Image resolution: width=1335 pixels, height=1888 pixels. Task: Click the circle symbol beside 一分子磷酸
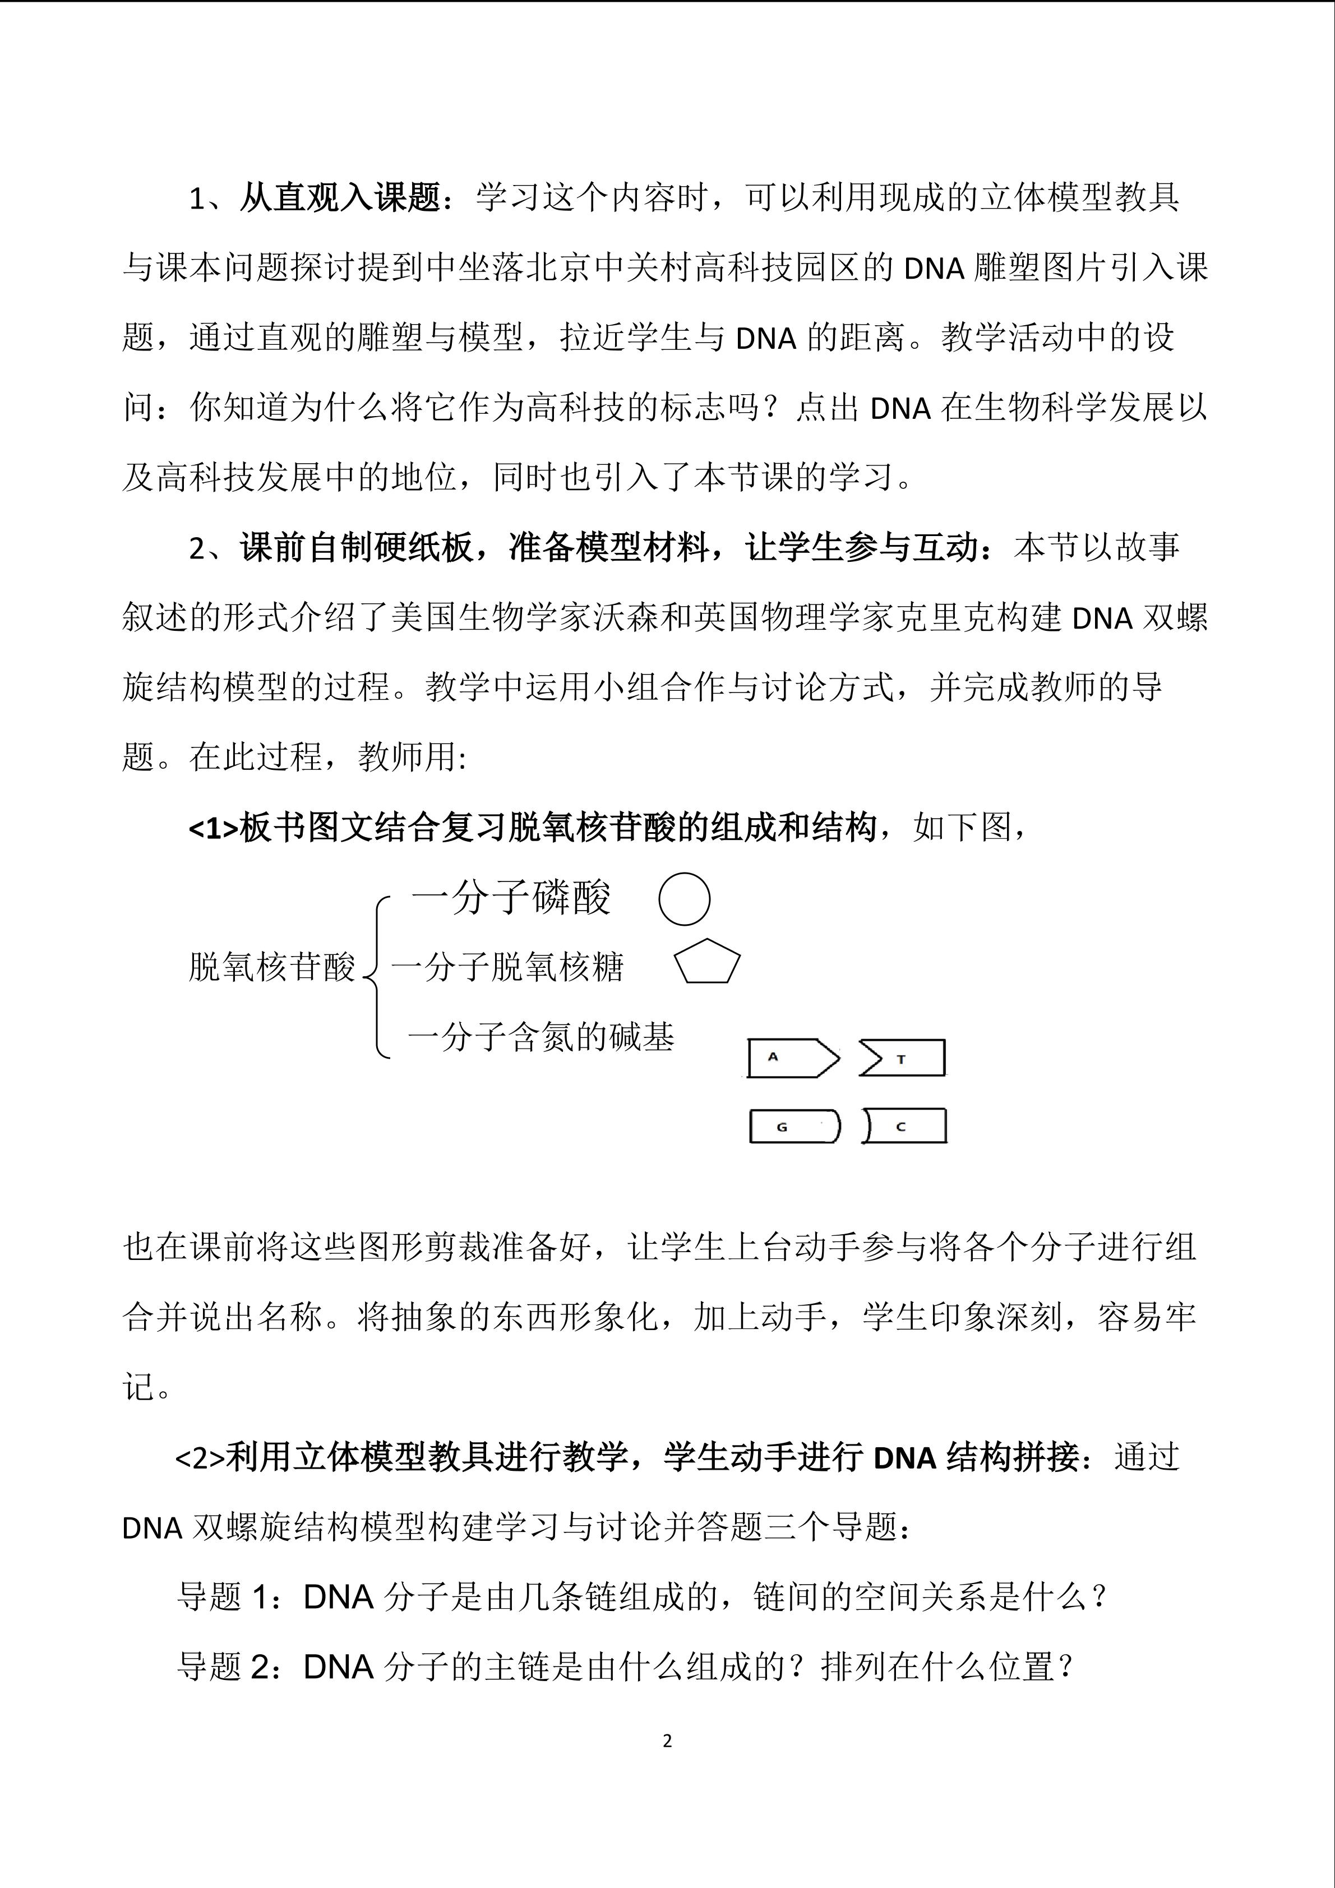684,899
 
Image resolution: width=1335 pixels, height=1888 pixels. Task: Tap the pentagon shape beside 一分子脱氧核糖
707,962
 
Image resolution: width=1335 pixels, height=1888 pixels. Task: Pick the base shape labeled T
903,1058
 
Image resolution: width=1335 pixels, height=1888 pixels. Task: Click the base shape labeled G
794,1126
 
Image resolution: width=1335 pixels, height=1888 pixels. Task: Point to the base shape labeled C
904,1126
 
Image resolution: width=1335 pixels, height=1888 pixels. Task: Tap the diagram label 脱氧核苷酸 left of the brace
271,967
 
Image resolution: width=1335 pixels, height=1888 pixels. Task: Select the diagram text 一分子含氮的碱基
541,1037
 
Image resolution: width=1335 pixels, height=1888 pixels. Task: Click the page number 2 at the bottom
667,1741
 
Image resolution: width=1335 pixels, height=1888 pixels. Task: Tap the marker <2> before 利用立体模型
199,1458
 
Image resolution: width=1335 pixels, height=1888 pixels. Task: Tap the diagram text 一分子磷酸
511,897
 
